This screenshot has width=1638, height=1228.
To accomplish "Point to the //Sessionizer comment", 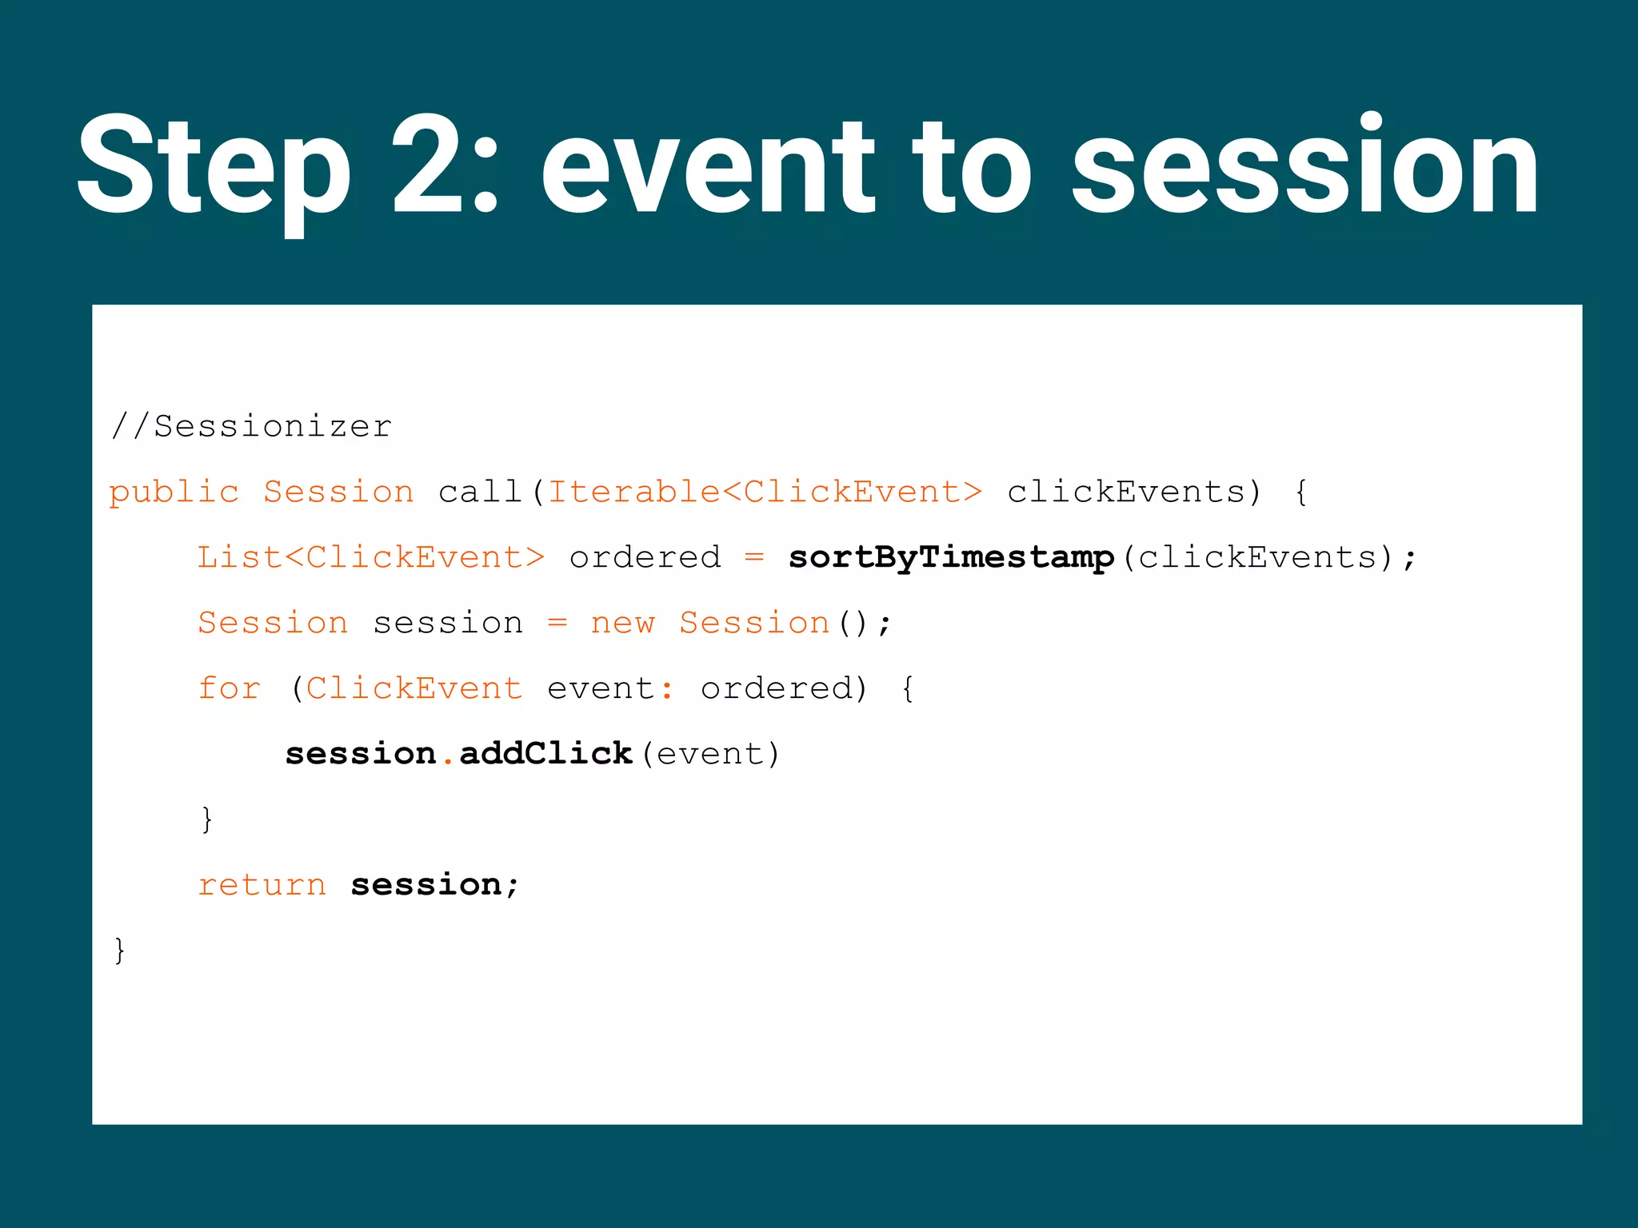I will coord(251,426).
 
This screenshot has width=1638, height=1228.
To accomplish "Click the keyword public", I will coord(174,492).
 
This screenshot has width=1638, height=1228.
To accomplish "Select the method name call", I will coord(480,492).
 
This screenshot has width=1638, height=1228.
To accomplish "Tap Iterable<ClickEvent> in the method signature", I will coord(765,492).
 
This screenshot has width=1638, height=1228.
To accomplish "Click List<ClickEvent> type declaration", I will coord(371,557).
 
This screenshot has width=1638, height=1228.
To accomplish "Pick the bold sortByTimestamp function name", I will coord(951,557).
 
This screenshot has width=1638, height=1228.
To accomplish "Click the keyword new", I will coord(622,623).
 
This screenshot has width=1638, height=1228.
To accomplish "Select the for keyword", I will coord(230,688).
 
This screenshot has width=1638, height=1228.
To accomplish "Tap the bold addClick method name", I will coord(545,754).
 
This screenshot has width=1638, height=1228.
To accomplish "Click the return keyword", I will coord(262,885).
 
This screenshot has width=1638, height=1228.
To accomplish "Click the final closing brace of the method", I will coord(120,951).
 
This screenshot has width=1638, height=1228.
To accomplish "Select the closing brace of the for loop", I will coord(207,819).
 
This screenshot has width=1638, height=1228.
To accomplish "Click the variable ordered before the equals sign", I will coord(645,557).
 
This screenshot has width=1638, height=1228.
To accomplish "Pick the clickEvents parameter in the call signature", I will coord(1126,492).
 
